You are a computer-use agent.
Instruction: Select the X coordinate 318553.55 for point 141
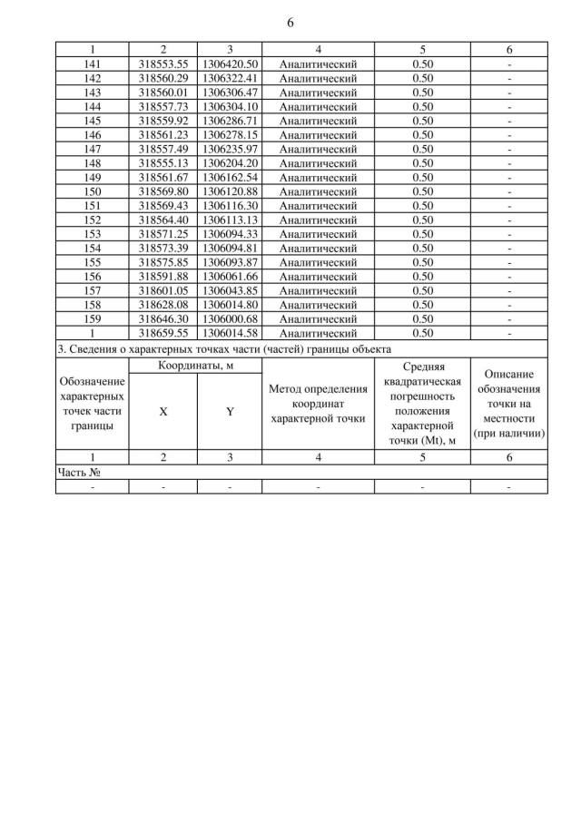point(163,64)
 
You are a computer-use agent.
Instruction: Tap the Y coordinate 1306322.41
point(231,79)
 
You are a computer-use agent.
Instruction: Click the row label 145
point(93,121)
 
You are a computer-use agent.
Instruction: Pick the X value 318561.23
point(163,135)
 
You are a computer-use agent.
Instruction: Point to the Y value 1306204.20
point(231,163)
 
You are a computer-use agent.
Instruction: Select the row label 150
point(93,191)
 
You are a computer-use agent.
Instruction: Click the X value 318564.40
point(163,220)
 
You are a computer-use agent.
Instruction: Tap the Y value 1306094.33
point(231,234)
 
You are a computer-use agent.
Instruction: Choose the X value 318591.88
point(163,276)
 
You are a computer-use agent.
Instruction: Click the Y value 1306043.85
point(231,290)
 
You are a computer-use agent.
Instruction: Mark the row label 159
point(93,318)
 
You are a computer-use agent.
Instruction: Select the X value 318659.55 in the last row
point(163,333)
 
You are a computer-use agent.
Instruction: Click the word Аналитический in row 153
point(318,234)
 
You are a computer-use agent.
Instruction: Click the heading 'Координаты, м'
point(196,366)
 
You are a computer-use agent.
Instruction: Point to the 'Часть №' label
point(77,473)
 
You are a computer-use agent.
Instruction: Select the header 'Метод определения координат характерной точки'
point(318,404)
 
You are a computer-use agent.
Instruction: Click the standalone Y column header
point(230,411)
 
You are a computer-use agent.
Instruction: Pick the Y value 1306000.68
point(231,318)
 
